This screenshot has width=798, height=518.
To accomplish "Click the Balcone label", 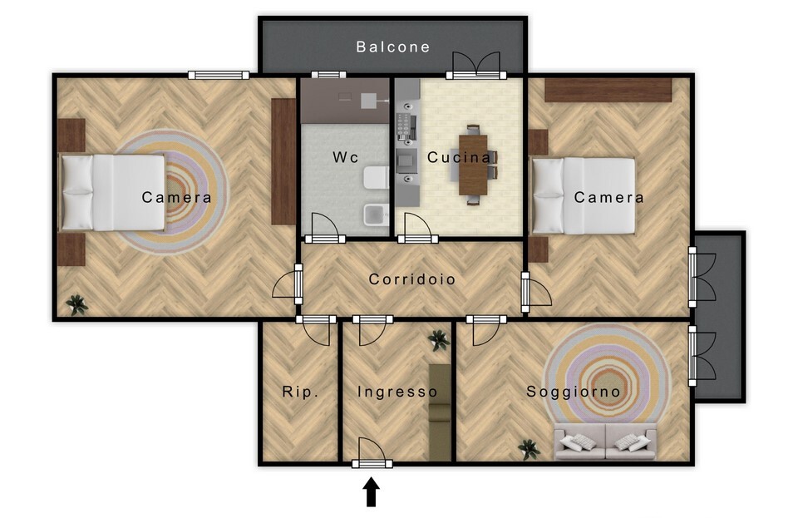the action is pyautogui.click(x=393, y=47).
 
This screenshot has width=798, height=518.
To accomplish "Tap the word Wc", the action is pyautogui.click(x=346, y=156).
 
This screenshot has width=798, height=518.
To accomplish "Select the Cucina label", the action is pyautogui.click(x=460, y=157).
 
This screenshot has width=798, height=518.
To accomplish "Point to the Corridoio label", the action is pyautogui.click(x=411, y=279).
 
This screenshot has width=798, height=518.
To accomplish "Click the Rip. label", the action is pyautogui.click(x=300, y=392).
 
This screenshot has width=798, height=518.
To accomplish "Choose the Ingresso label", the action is pyautogui.click(x=397, y=392).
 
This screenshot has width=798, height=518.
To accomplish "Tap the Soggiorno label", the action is pyautogui.click(x=573, y=392).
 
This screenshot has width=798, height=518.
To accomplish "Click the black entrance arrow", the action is pyautogui.click(x=372, y=491).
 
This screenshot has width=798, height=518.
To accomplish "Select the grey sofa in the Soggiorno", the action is pyautogui.click(x=605, y=442).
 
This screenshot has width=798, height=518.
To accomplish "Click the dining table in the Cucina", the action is pyautogui.click(x=473, y=165).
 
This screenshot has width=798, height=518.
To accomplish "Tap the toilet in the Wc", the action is pyautogui.click(x=376, y=178).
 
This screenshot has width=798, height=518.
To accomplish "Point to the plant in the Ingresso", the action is pyautogui.click(x=438, y=339).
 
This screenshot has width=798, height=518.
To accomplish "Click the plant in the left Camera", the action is pyautogui.click(x=76, y=305).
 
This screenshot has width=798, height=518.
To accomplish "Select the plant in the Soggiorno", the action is pyautogui.click(x=530, y=449).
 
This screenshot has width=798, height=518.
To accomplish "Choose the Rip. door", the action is pyautogui.click(x=317, y=330).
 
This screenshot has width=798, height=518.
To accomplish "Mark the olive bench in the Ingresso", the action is pyautogui.click(x=440, y=412).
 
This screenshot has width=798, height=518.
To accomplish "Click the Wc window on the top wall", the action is pyautogui.click(x=329, y=75).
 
